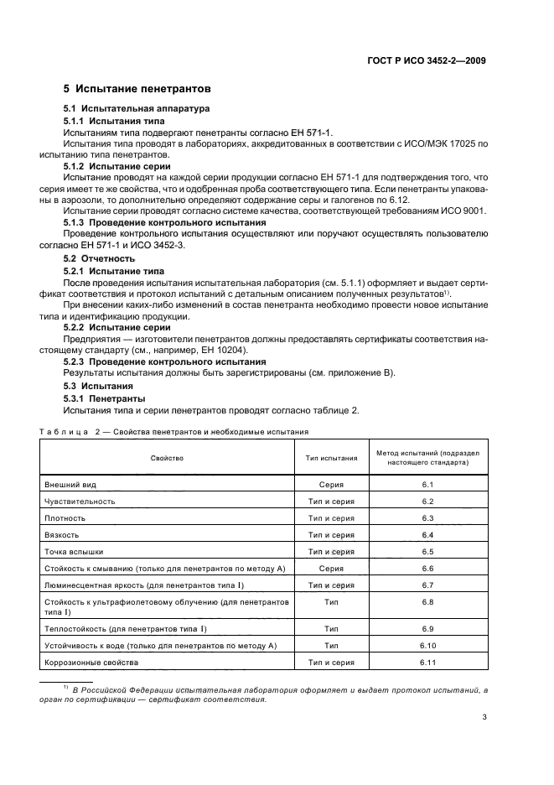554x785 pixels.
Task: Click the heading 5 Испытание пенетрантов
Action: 137,88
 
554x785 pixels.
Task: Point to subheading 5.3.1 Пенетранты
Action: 105,398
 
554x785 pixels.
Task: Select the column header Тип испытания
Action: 331,458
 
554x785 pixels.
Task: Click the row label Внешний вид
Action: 67,485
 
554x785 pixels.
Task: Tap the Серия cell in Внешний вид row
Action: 331,485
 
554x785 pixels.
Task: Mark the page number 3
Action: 484,717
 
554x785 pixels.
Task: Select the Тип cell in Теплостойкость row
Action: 331,628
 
